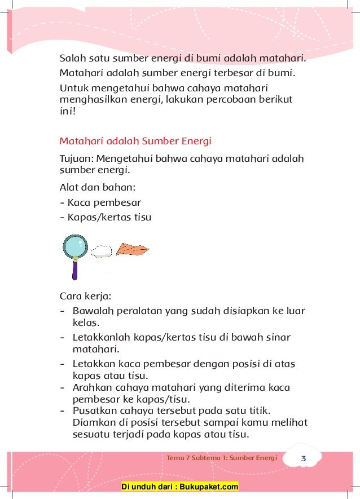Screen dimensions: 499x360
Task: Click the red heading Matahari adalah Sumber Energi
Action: pos(135,140)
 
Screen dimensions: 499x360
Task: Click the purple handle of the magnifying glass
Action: pos(74,269)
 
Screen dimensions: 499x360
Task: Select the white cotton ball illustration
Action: pos(102,251)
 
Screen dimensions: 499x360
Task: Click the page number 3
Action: pos(304,458)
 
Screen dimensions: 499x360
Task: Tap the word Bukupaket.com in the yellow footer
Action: pos(212,487)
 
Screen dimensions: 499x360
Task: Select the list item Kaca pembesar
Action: pos(100,202)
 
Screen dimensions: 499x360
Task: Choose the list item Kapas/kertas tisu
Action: pos(106,217)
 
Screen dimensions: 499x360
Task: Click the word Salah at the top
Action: pos(72,58)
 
